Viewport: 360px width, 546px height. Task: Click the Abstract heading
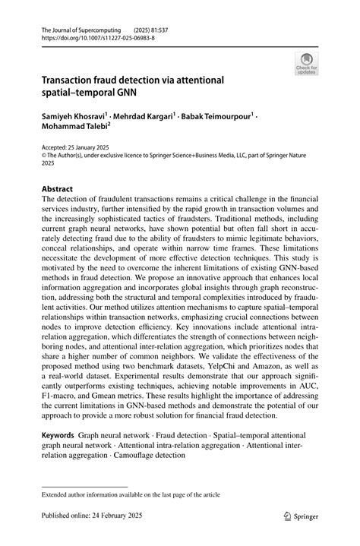[58, 188]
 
